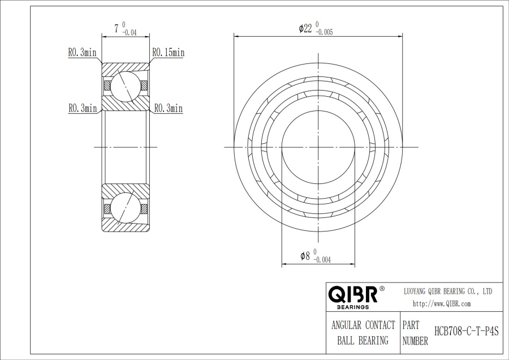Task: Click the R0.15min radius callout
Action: [168, 52]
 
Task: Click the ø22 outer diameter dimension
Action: [305, 29]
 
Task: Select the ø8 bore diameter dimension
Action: [305, 256]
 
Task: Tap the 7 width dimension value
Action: [116, 29]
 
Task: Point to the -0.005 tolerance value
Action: [324, 32]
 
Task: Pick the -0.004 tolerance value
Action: [322, 260]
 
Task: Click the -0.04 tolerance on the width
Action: [129, 32]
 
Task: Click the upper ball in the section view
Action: [126, 87]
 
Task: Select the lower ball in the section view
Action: [126, 208]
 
